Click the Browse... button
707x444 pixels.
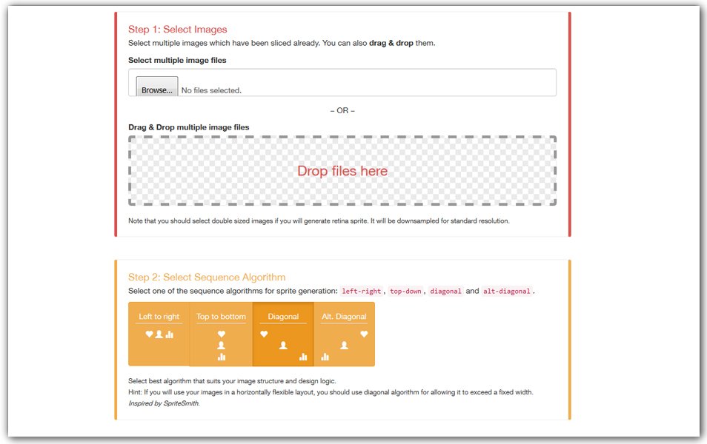pyautogui.click(x=157, y=87)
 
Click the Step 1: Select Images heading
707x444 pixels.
pyautogui.click(x=178, y=30)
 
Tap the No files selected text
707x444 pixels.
pyautogui.click(x=211, y=90)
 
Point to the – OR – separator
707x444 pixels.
pyautogui.click(x=342, y=110)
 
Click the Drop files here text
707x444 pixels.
pyautogui.click(x=342, y=171)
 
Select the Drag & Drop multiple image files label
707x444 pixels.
pyautogui.click(x=188, y=127)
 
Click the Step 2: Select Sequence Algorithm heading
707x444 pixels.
pyautogui.click(x=207, y=277)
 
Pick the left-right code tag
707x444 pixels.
pyautogui.click(x=362, y=292)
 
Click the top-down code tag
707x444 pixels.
pyautogui.click(x=405, y=292)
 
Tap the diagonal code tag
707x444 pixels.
pyautogui.click(x=445, y=292)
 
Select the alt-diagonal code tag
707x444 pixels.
pyautogui.click(x=507, y=292)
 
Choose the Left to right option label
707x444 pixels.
pyautogui.click(x=159, y=317)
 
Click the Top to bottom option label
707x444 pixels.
pyautogui.click(x=221, y=317)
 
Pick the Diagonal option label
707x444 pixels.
pyautogui.click(x=283, y=317)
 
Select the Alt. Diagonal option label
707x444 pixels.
pyautogui.click(x=344, y=317)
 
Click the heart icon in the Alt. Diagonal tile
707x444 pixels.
pyautogui.click(x=364, y=334)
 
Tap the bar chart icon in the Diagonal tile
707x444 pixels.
pyautogui.click(x=303, y=357)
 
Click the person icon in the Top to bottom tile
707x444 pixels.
pyautogui.click(x=221, y=346)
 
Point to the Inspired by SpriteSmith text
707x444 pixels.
pyautogui.click(x=164, y=403)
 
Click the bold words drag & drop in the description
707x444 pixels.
pyautogui.click(x=391, y=43)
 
